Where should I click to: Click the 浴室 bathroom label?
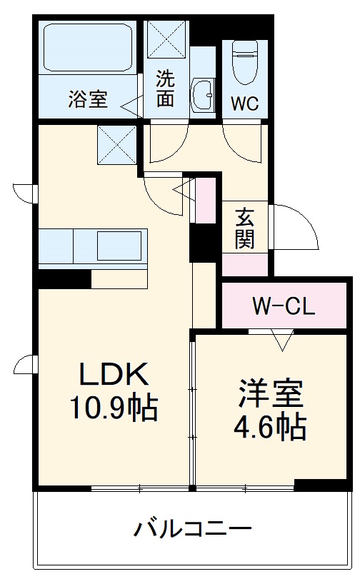click(x=88, y=99)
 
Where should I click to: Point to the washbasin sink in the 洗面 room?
click(x=203, y=96)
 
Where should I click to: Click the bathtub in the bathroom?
click(x=89, y=48)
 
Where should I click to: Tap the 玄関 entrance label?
click(x=244, y=227)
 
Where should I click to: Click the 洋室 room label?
click(x=270, y=393)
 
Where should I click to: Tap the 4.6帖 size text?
click(x=270, y=427)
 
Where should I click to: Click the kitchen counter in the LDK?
click(x=93, y=247)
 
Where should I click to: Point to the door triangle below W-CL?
click(x=282, y=340)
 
